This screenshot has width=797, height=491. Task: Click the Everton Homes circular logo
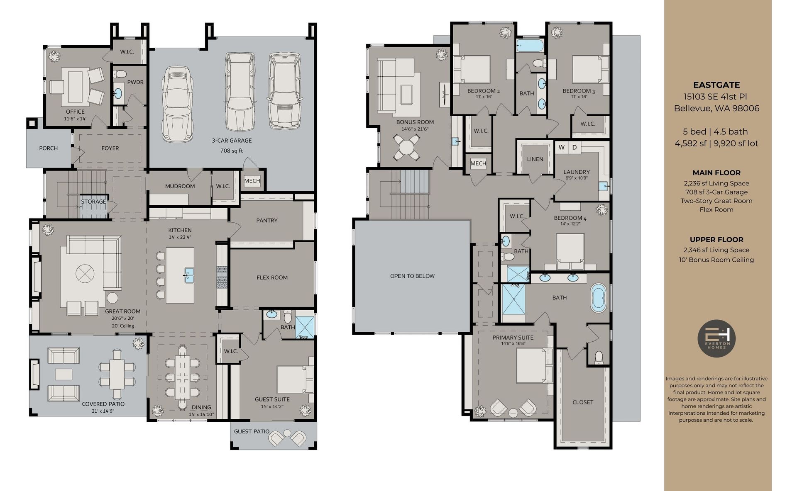point(716,338)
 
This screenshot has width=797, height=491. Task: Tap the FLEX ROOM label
point(272,277)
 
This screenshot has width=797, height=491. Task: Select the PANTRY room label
point(266,220)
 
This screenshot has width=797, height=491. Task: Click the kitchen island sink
point(189,275)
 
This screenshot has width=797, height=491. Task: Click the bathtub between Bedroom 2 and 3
point(530,46)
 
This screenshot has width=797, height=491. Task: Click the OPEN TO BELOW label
point(412,276)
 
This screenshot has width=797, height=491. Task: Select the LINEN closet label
point(535,159)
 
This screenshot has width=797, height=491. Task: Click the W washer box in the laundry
point(561,147)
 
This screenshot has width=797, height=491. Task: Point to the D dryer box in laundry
point(575,147)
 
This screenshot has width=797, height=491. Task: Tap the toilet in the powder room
point(120,74)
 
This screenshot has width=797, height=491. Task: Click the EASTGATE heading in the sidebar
point(716,85)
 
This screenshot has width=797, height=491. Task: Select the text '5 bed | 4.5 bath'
point(716,131)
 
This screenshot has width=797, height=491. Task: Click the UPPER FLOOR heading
point(716,240)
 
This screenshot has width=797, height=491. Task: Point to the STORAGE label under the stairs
point(93,202)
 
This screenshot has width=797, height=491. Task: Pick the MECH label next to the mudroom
point(252,181)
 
